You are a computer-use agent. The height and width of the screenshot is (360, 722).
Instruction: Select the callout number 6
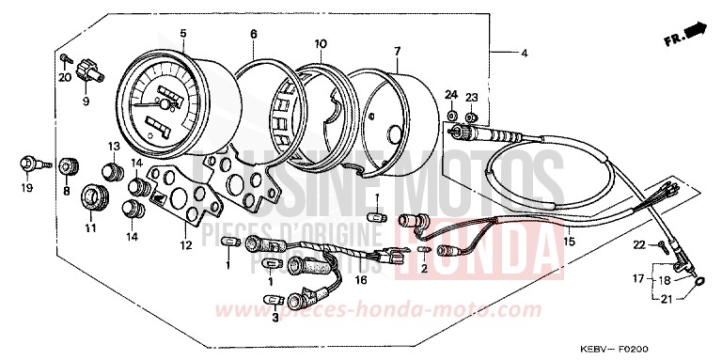pos(254,35)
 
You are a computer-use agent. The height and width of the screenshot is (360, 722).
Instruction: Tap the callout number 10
pos(321,43)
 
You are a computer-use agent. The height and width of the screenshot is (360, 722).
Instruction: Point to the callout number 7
pos(397,50)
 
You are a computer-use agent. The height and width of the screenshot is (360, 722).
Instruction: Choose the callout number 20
pos(65,77)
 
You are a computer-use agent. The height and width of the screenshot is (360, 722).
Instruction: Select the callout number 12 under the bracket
pos(186,245)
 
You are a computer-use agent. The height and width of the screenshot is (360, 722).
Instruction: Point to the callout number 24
pos(451,95)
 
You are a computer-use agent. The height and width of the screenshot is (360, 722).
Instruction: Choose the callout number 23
pos(472,98)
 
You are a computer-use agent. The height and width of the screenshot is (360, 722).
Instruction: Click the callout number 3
pos(275,319)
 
